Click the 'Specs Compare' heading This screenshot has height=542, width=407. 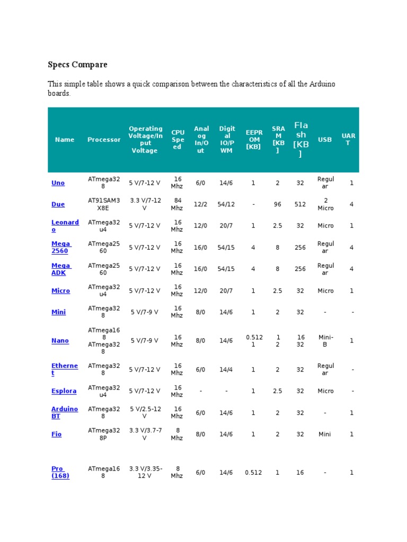(x=77, y=65)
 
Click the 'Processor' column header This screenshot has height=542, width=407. (x=104, y=140)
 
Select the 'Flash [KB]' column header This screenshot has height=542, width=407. (x=300, y=140)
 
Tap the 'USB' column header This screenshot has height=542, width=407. (x=325, y=140)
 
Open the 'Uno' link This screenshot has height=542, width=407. (x=58, y=183)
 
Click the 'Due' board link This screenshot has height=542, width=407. (x=58, y=204)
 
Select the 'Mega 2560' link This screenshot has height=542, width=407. (x=60, y=247)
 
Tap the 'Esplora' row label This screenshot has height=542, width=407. (x=64, y=391)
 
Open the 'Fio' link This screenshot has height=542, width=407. (x=56, y=434)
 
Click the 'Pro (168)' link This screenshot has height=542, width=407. (x=60, y=472)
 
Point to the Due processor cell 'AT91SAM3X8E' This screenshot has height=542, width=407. (x=104, y=204)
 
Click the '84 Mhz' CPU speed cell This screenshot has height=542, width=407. (x=177, y=204)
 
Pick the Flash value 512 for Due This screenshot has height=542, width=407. (x=300, y=204)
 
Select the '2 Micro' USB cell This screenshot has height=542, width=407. (x=325, y=204)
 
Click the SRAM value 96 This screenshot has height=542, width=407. (x=278, y=204)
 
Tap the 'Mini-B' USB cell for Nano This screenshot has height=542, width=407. (x=325, y=341)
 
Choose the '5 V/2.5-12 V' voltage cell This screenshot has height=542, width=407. (x=145, y=412)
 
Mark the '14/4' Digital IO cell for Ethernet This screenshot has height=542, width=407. (x=226, y=369)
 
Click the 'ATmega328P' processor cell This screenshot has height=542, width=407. (x=104, y=434)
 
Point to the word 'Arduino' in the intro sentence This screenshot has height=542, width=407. (x=323, y=84)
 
